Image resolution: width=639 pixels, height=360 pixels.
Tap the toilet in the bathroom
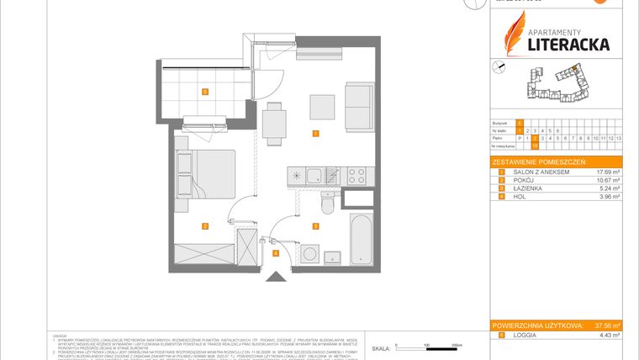click(329, 204)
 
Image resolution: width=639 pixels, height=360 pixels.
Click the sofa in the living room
click(359, 107)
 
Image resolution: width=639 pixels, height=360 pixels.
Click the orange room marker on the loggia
click(203, 91)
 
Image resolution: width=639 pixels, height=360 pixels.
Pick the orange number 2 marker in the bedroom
click(203, 225)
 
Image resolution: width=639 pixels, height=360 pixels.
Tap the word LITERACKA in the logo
click(568, 44)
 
